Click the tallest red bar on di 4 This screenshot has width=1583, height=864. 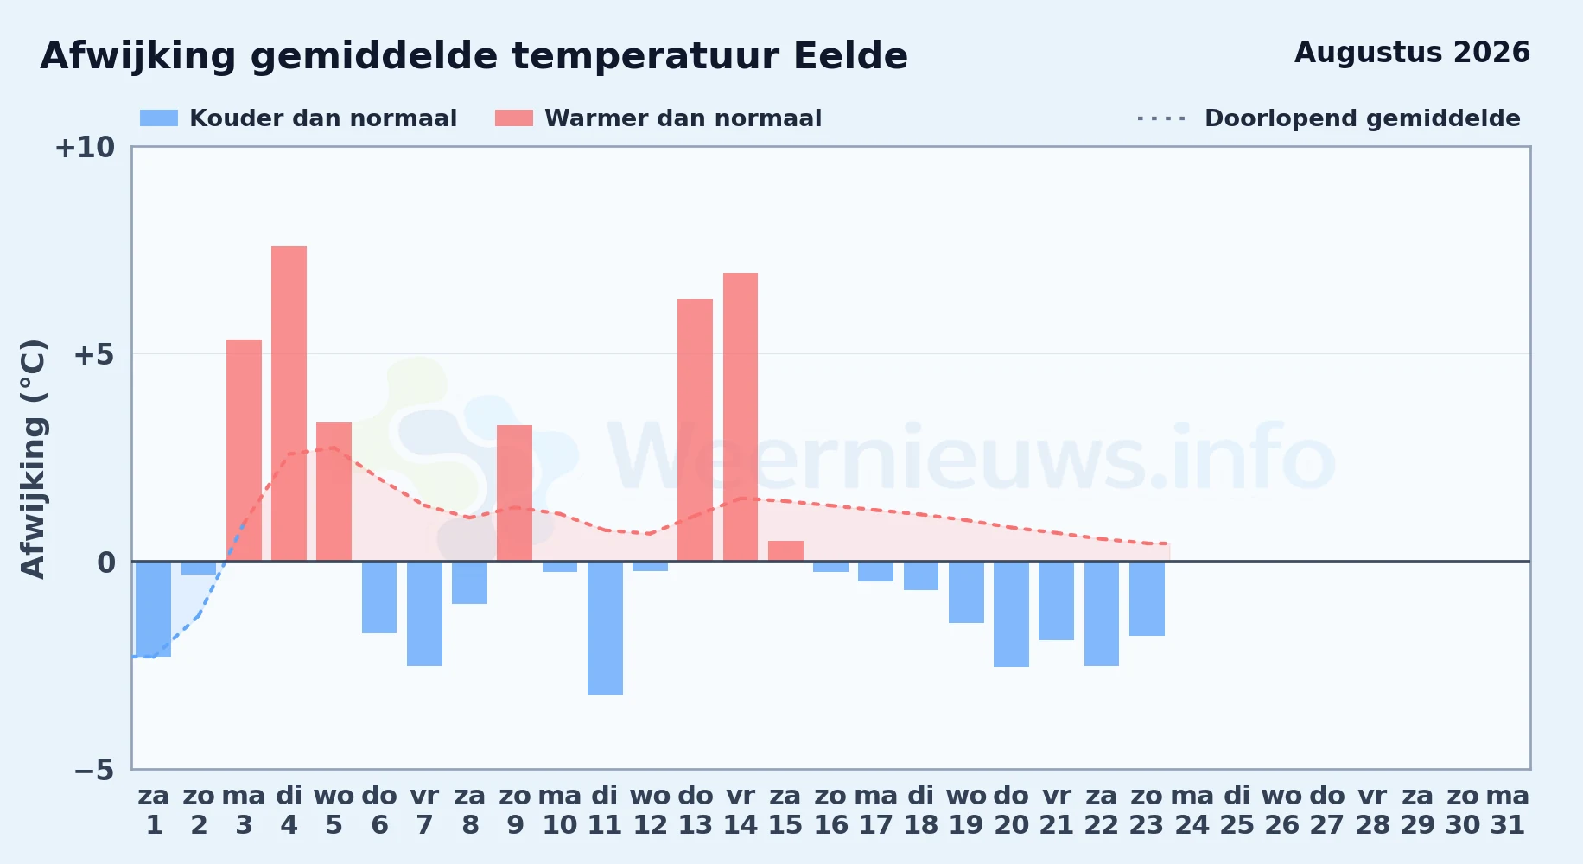[289, 403]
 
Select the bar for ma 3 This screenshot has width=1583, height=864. [244, 450]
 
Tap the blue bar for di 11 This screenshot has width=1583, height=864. [605, 628]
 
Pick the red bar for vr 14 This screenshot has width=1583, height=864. [741, 417]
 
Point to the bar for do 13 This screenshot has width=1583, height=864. [695, 430]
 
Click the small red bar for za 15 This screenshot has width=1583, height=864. [785, 551]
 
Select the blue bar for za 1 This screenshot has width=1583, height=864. [154, 609]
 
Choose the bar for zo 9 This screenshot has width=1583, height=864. [514, 493]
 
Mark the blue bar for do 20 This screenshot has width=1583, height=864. [1011, 614]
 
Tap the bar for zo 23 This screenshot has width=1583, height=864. [1147, 599]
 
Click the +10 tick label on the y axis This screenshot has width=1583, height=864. [85, 148]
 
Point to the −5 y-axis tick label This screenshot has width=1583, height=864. [94, 770]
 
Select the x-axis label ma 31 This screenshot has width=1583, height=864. [1508, 810]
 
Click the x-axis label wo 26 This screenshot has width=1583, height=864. [1282, 810]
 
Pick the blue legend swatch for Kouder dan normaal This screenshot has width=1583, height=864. [159, 118]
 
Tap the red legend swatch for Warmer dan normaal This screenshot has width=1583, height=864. [514, 118]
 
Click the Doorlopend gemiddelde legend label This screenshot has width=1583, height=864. [1363, 118]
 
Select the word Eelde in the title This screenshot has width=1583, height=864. [850, 56]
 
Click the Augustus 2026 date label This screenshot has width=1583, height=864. [1412, 53]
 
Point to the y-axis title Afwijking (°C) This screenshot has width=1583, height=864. [33, 458]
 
